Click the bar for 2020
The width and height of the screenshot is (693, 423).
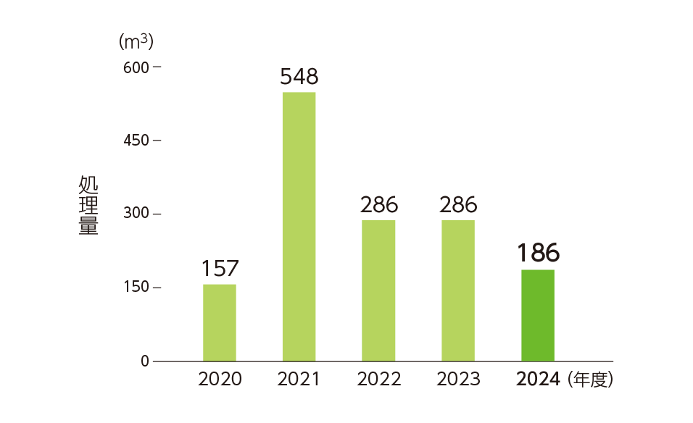pyautogui.click(x=219, y=322)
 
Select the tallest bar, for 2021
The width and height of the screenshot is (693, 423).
pyautogui.click(x=299, y=227)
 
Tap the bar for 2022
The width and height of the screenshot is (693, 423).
pyautogui.click(x=378, y=290)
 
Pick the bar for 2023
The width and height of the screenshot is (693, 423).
pyautogui.click(x=458, y=290)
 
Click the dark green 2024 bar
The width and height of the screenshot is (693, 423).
pyautogui.click(x=538, y=315)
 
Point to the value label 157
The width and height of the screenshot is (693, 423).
pyautogui.click(x=220, y=268)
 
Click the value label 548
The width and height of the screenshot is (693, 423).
pyautogui.click(x=299, y=77)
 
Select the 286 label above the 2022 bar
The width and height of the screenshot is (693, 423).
pyautogui.click(x=378, y=204)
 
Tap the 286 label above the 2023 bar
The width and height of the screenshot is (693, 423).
pyautogui.click(x=458, y=204)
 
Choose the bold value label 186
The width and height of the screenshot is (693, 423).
pyautogui.click(x=538, y=253)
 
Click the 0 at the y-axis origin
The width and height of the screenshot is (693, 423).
pyautogui.click(x=145, y=361)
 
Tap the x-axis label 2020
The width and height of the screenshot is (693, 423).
pyautogui.click(x=220, y=379)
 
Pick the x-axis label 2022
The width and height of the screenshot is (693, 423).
pyautogui.click(x=378, y=379)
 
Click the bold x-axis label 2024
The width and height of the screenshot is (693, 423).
pyautogui.click(x=538, y=379)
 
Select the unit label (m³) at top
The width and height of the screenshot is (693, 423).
pyautogui.click(x=136, y=41)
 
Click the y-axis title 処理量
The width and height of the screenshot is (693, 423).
pyautogui.click(x=88, y=206)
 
